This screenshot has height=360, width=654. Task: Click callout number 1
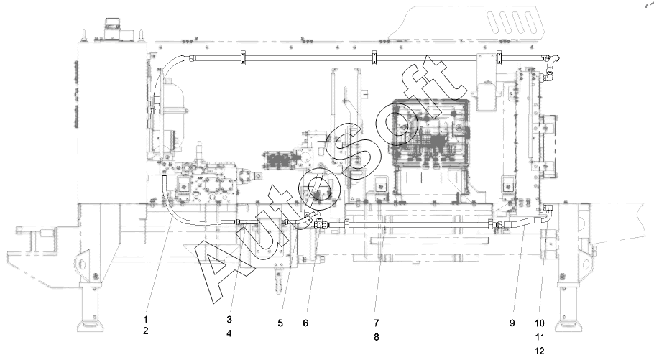pos(146,320)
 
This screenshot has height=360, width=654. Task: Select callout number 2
pos(146,331)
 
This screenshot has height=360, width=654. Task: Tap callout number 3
pos(229,320)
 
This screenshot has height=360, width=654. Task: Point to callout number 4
pos(229,333)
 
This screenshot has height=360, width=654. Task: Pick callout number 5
pos(280,323)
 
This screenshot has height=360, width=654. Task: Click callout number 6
pos(305,323)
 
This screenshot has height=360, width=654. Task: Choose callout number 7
pos(376,323)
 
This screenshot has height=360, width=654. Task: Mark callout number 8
pos(376,336)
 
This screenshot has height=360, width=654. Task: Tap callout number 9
pos(512,323)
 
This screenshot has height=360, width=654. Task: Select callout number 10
pos(540,323)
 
